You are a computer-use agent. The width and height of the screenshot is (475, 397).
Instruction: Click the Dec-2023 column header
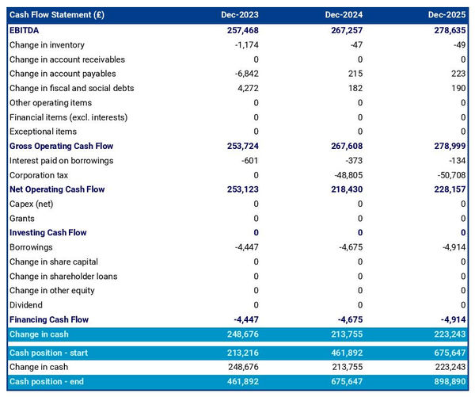tap(241, 15)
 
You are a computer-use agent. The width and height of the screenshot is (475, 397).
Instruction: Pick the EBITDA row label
tap(25, 30)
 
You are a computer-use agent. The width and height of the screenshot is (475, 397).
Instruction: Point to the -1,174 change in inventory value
tap(245, 44)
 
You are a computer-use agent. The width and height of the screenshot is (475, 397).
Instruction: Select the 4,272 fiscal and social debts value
tap(246, 88)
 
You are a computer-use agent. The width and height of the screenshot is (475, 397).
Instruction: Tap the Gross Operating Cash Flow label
tap(61, 147)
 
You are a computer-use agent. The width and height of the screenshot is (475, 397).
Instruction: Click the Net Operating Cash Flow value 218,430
tap(344, 189)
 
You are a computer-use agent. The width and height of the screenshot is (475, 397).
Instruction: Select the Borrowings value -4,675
tap(348, 247)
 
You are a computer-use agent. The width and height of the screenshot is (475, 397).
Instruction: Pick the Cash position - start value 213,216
tap(240, 353)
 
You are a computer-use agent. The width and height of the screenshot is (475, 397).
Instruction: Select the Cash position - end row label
tap(47, 382)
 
